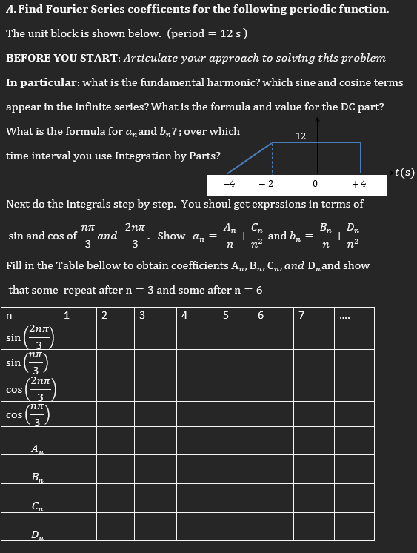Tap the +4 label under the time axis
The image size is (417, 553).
tap(358, 182)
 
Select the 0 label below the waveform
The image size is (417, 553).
tap(316, 182)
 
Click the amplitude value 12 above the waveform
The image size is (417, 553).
tap(301, 136)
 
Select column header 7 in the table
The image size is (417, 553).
tap(300, 315)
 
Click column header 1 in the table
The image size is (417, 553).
tap(67, 315)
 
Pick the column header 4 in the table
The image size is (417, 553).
tap(184, 315)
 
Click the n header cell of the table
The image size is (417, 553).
tap(9, 315)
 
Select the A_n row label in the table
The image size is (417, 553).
tap(36, 448)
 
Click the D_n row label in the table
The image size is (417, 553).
tap(36, 534)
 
